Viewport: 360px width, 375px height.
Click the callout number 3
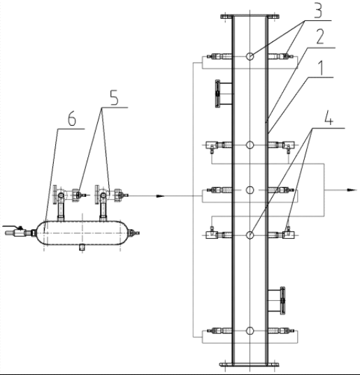pyautogui.click(x=318, y=10)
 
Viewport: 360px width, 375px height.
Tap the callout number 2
pyautogui.click(x=320, y=36)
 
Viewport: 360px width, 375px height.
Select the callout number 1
pyautogui.click(x=321, y=68)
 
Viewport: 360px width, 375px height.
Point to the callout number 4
pyautogui.click(x=329, y=118)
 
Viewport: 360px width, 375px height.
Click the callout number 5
pyautogui.click(x=115, y=98)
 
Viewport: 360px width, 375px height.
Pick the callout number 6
pyautogui.click(x=72, y=119)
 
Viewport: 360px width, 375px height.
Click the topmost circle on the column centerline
pyautogui.click(x=250, y=57)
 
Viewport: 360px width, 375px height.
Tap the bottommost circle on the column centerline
pyautogui.click(x=250, y=331)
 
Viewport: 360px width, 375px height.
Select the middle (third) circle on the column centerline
pyautogui.click(x=250, y=190)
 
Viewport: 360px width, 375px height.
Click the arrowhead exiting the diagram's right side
pyautogui.click(x=352, y=190)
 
